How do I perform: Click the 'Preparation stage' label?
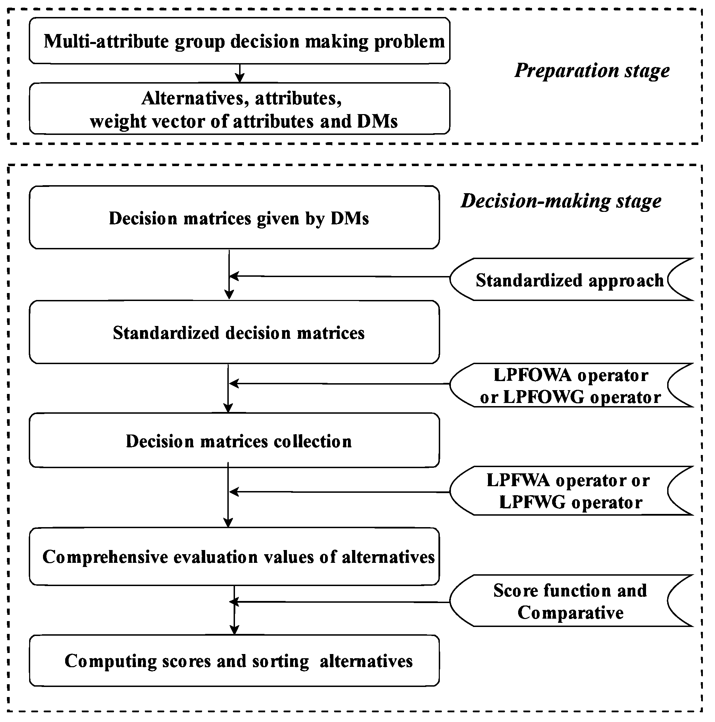(592, 70)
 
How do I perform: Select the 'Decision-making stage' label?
(561, 201)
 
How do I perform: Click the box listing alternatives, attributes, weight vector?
(239, 109)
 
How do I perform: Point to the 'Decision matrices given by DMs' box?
(234, 218)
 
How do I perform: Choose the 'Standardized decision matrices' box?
(234, 332)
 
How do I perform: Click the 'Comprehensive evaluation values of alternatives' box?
(234, 557)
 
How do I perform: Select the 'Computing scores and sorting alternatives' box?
(234, 660)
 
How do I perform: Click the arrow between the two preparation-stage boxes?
(239, 73)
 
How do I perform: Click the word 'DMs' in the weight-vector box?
(377, 121)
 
